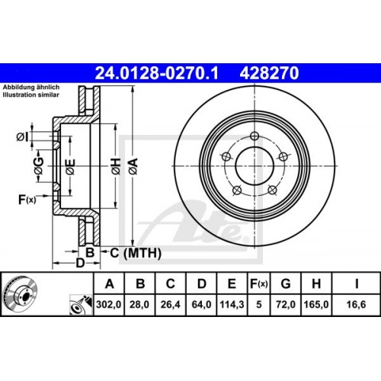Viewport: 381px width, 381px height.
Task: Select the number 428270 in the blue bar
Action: [269, 73]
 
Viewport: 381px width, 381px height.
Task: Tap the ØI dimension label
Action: [24, 136]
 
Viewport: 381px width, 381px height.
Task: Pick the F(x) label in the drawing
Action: [27, 200]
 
